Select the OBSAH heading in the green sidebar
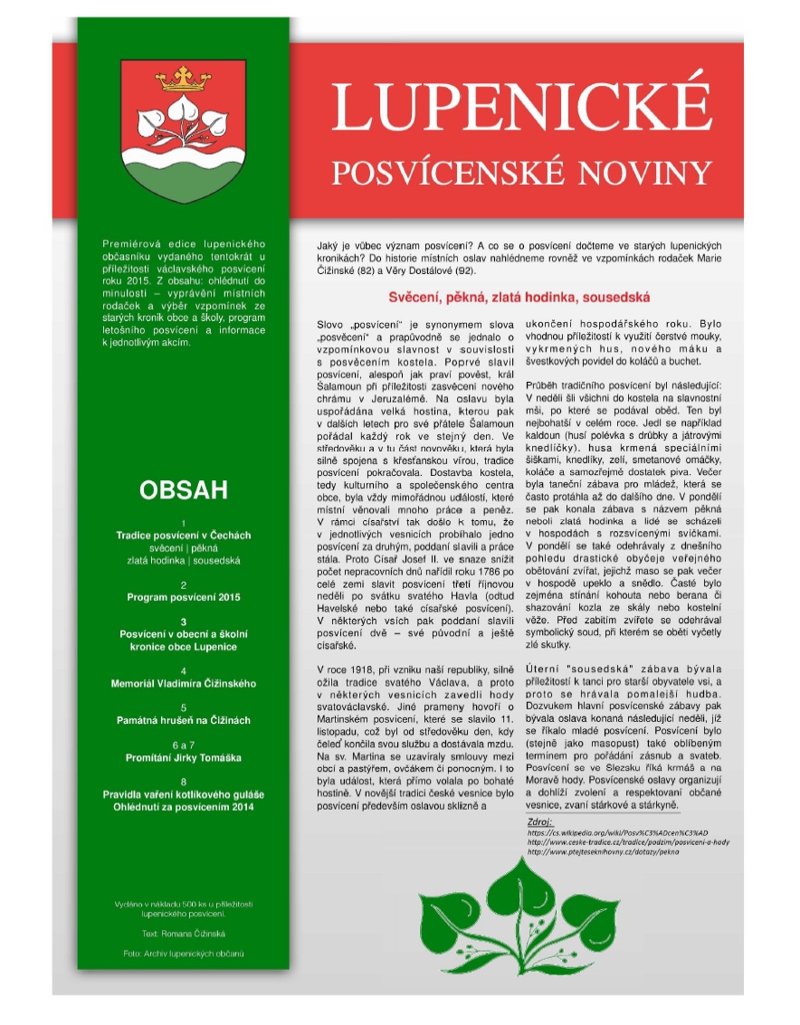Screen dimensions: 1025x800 (184, 490)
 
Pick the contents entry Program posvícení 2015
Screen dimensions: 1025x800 (184, 598)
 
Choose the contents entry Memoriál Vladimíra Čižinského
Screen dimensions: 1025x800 (184, 683)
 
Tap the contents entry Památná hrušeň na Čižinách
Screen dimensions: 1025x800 (184, 720)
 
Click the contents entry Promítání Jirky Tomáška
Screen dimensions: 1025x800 (184, 757)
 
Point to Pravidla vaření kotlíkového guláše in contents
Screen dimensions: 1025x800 (184, 794)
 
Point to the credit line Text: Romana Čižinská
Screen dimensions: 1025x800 (184, 932)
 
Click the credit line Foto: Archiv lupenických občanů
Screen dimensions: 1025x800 (184, 954)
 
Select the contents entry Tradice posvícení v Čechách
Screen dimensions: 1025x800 (184, 536)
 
